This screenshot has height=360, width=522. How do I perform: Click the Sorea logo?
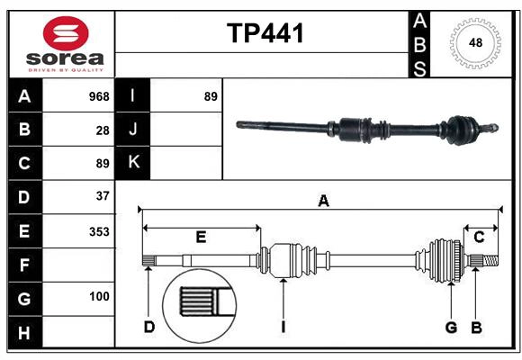pos(66,44)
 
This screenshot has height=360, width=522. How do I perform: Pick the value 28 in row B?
pos(103,130)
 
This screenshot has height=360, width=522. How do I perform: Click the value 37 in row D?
pos(103,195)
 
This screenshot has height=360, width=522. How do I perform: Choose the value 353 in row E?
pos(99,231)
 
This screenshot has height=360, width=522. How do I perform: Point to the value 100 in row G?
pos(99,296)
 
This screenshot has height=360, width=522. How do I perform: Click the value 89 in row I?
pos(211,96)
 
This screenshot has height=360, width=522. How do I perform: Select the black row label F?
pos(24,265)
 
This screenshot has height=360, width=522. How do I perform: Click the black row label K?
pos(132,163)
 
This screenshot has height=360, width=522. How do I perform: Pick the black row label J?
pos(132,130)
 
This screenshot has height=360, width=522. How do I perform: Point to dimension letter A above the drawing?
pos(322,202)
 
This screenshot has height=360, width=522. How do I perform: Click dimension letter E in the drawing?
pos(201,238)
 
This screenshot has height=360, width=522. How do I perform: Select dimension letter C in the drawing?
pos(479,238)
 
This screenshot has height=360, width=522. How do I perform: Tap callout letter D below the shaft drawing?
pos(149,327)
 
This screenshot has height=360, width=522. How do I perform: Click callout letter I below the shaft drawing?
pos(283,327)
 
